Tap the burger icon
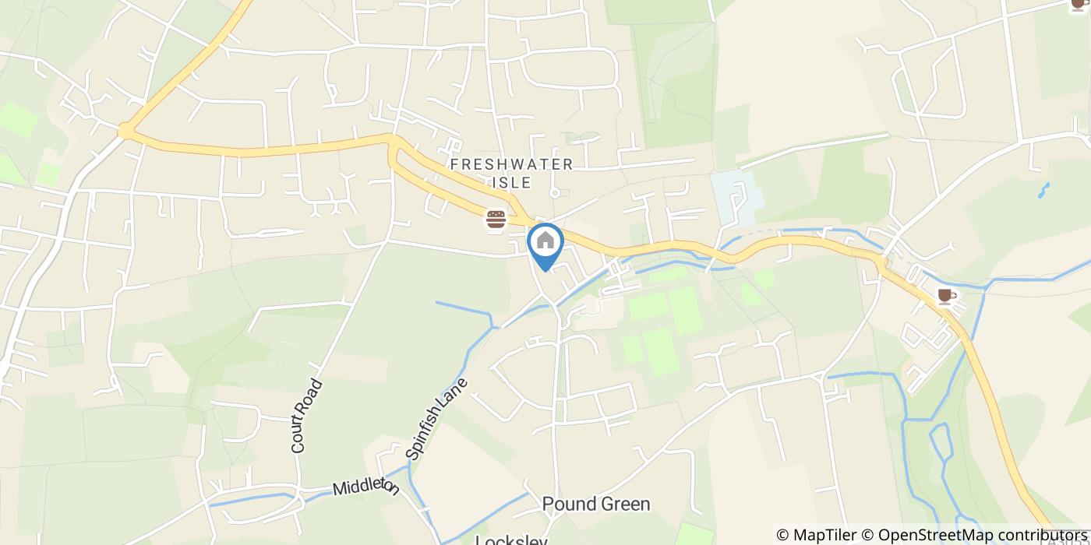(x=496, y=220)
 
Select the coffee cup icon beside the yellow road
(x=945, y=296)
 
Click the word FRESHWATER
(x=511, y=164)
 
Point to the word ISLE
(x=511, y=183)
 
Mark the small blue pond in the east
(x=1044, y=189)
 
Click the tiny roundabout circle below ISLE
(x=554, y=192)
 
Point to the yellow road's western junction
(x=125, y=133)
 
